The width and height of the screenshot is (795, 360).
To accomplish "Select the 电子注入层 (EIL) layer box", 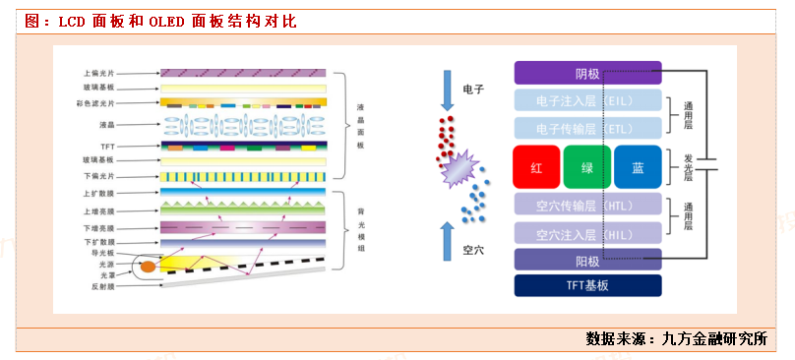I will pyautogui.click(x=586, y=100).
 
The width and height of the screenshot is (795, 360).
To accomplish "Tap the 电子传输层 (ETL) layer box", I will pyautogui.click(x=586, y=128).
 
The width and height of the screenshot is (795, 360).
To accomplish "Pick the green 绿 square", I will pyautogui.click(x=587, y=167).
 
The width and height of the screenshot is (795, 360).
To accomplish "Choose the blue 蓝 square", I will pyautogui.click(x=638, y=167).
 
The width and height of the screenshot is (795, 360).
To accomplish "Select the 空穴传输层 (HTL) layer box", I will pyautogui.click(x=586, y=205).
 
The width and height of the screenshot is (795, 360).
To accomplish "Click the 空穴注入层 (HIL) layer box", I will pyautogui.click(x=586, y=234).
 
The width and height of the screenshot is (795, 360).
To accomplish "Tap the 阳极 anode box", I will pyautogui.click(x=586, y=261).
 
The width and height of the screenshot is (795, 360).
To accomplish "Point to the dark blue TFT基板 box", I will pyautogui.click(x=586, y=285).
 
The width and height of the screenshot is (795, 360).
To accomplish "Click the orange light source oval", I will pyautogui.click(x=148, y=266).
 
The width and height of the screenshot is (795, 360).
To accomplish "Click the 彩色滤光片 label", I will pyautogui.click(x=98, y=102).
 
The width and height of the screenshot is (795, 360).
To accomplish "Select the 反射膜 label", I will pyautogui.click(x=102, y=288).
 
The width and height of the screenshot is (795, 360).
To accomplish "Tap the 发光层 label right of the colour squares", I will pyautogui.click(x=688, y=167).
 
